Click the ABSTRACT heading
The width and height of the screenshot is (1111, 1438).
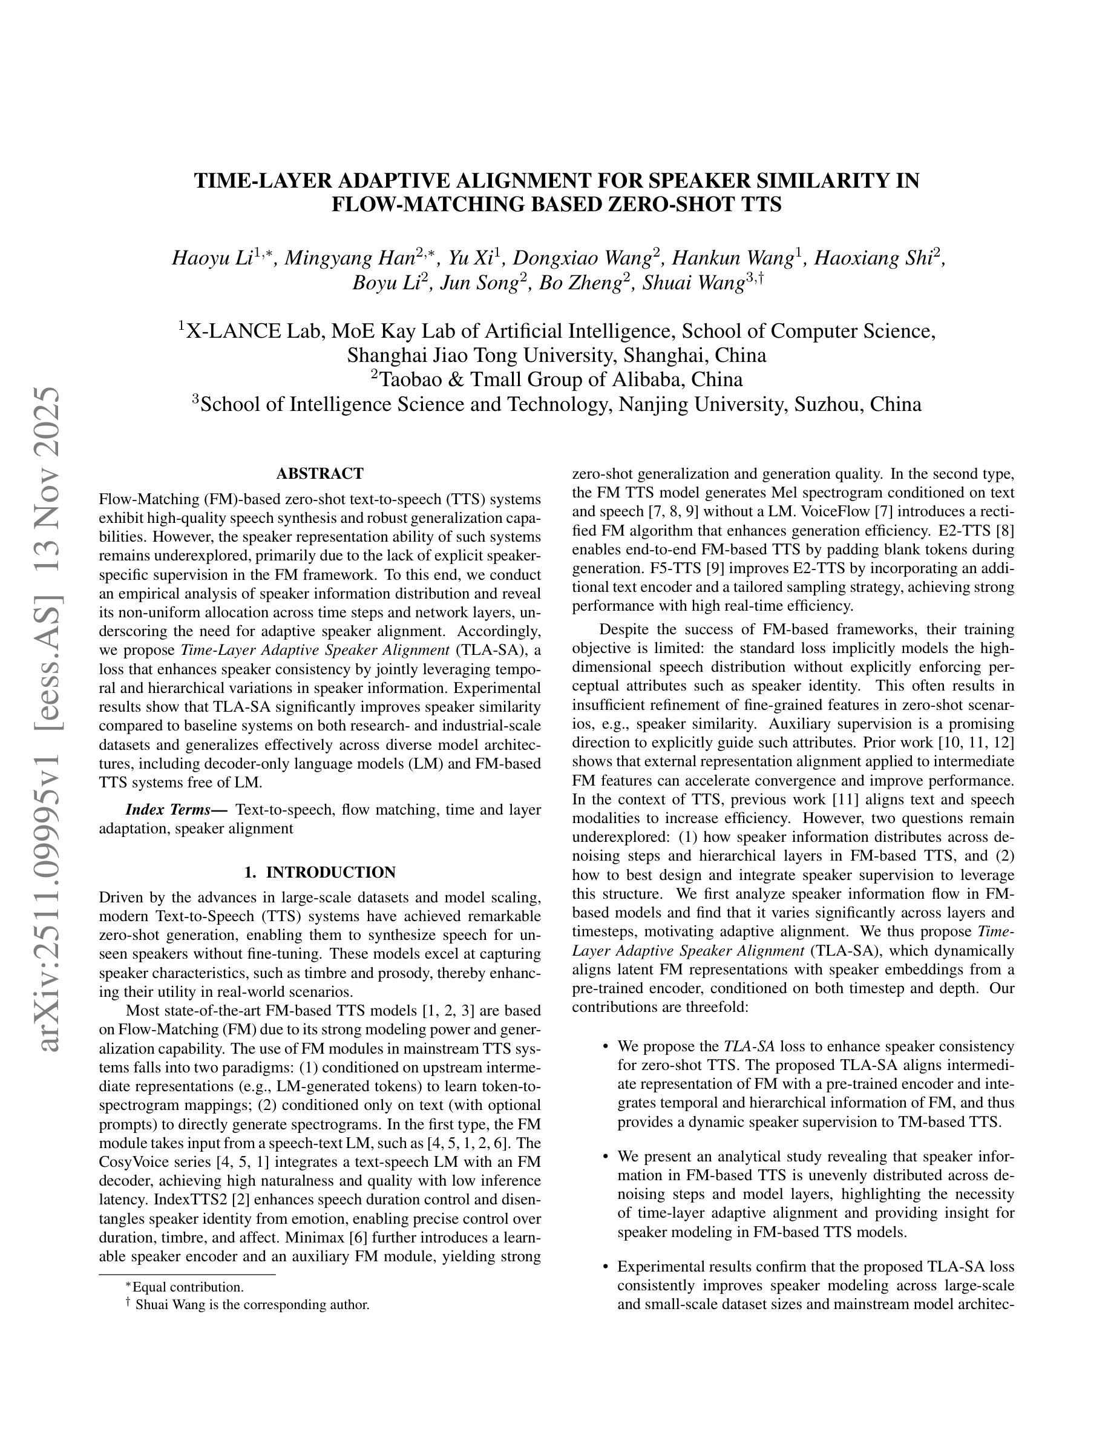[x=320, y=473]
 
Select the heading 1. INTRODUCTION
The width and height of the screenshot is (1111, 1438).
[x=320, y=872]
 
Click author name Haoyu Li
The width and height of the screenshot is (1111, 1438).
[x=212, y=258]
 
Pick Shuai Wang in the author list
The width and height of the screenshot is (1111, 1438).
[x=692, y=283]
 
